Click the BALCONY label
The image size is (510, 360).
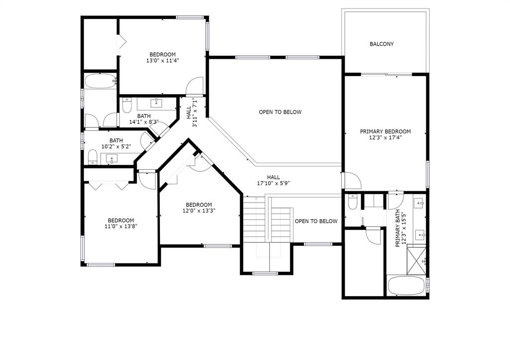(382, 44)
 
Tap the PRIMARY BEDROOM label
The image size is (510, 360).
(385, 131)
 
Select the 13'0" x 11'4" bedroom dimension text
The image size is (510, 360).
(163, 60)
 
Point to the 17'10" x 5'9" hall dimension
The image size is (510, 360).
(273, 183)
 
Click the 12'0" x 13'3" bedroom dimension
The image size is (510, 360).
(199, 211)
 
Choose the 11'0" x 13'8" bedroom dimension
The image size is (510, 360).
(121, 227)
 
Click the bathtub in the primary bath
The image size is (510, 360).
(406, 285)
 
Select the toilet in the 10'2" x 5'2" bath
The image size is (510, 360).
(93, 157)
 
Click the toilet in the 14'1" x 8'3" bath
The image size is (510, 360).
(127, 105)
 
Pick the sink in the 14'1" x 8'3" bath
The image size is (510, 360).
(156, 104)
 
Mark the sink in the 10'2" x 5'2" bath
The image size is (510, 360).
(112, 159)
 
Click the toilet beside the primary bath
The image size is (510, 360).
(353, 202)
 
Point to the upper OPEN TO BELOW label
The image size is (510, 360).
(280, 112)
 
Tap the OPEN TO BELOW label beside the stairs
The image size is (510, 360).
(316, 221)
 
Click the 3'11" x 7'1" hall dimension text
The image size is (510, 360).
(192, 112)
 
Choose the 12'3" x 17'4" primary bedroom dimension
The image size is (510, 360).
(385, 137)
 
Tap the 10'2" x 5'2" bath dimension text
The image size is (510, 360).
(116, 147)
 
